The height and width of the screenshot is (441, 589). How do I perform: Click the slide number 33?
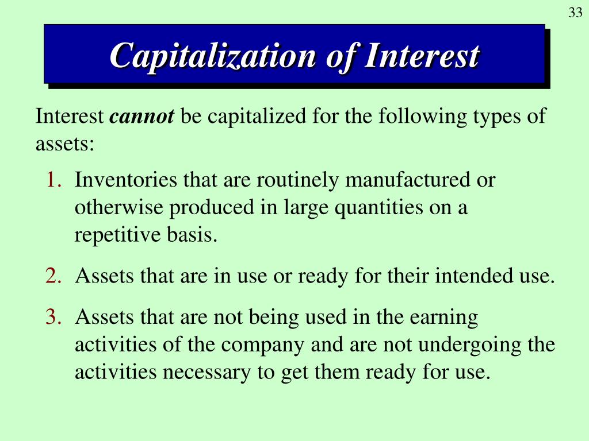(x=575, y=13)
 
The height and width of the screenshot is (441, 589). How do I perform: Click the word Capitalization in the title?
(x=213, y=56)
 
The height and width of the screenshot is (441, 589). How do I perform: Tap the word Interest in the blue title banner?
(x=422, y=56)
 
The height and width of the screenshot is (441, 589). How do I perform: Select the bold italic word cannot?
(x=141, y=117)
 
